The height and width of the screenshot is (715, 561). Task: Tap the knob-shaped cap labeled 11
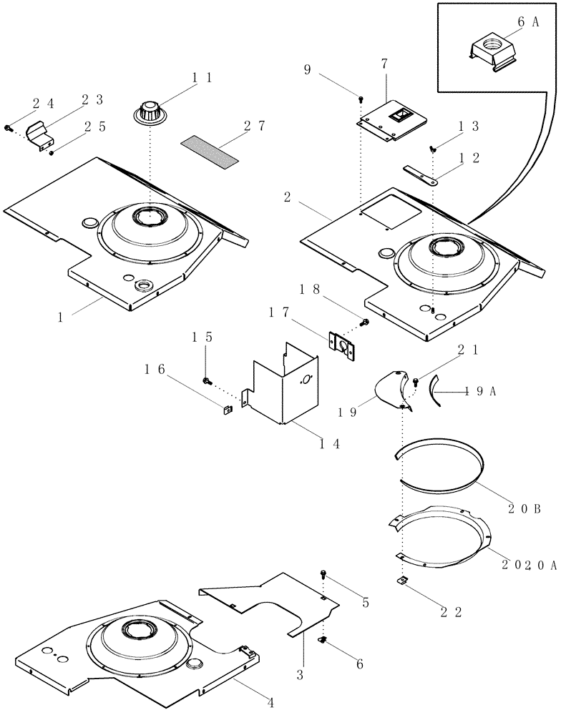[150, 112]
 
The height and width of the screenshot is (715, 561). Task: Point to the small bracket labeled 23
[42, 135]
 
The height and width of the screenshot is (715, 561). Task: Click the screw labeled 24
[9, 128]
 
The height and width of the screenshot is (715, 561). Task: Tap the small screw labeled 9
[363, 98]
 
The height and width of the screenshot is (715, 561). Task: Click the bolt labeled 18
[365, 323]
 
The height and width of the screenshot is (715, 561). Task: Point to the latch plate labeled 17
[344, 343]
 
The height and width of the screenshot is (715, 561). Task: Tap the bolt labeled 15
[206, 380]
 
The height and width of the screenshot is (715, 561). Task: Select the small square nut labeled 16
[225, 410]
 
